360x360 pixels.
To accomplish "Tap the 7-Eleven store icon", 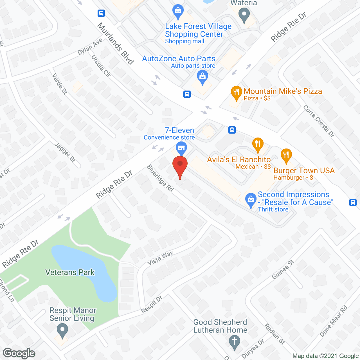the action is [181, 148].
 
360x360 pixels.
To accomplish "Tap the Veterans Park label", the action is [70, 272].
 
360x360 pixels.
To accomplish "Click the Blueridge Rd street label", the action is [160, 178].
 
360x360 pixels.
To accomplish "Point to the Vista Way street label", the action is [160, 258].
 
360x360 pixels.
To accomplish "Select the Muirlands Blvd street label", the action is [115, 44].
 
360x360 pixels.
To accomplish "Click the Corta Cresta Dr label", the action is [319, 121].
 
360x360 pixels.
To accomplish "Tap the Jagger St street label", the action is [65, 152].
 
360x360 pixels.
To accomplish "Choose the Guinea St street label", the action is [283, 269].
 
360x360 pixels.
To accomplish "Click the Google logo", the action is [19, 353].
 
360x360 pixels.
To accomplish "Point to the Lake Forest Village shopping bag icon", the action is [178, 11].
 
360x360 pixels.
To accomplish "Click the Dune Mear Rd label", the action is [334, 321].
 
